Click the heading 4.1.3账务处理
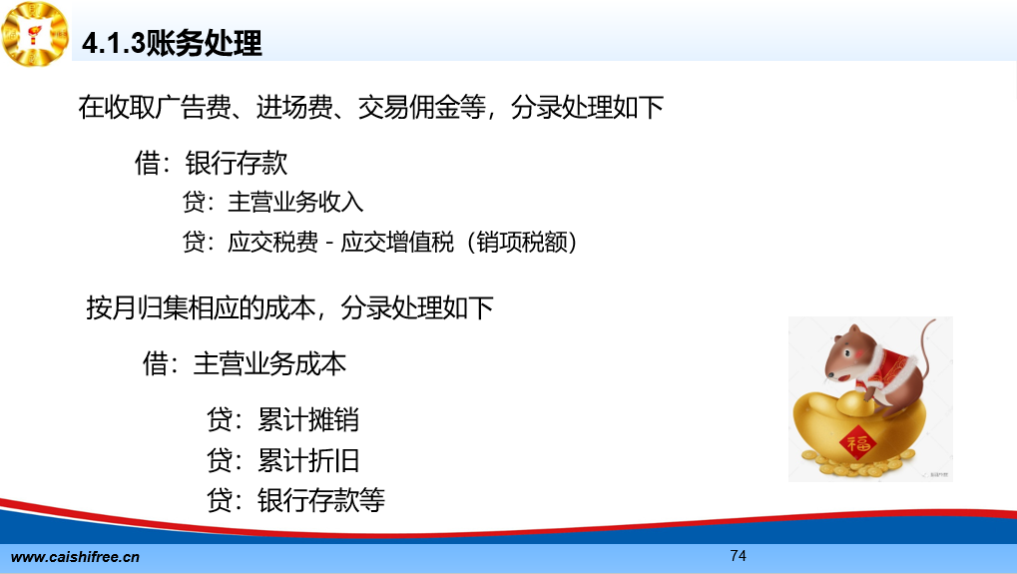tap(172, 44)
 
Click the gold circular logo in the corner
tap(35, 34)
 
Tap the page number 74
tap(739, 556)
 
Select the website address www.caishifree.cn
tap(75, 557)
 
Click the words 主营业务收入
tap(295, 202)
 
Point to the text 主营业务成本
tap(269, 363)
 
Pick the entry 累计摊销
tap(308, 419)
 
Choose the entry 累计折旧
tap(308, 460)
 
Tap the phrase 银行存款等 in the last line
tap(321, 500)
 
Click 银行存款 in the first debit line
tap(237, 162)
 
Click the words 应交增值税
tap(397, 242)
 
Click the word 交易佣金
tap(409, 107)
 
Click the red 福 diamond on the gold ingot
tap(857, 443)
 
